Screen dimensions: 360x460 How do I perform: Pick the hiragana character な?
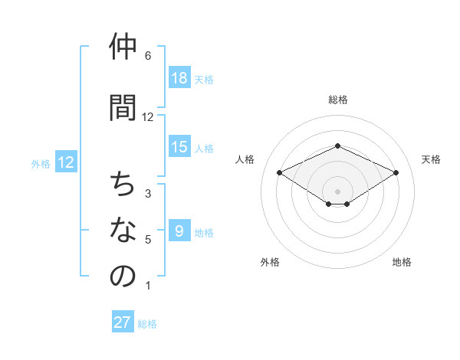click(123, 230)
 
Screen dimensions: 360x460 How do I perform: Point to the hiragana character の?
click(123, 277)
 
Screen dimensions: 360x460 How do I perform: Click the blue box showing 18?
click(179, 78)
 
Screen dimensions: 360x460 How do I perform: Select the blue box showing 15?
click(179, 147)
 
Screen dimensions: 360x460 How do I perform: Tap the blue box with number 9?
click(179, 231)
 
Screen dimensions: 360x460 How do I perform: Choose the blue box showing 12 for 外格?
click(66, 162)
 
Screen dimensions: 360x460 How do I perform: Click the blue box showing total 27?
click(123, 322)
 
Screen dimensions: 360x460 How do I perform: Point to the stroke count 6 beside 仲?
click(148, 56)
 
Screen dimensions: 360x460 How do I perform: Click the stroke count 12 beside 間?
click(148, 116)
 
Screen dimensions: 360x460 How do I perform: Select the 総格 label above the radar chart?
click(337, 100)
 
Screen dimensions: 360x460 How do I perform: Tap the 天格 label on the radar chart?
click(431, 159)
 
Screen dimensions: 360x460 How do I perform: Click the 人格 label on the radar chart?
click(245, 159)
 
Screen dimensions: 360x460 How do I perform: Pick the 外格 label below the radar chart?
click(270, 262)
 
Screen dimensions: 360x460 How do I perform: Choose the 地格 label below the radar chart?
click(402, 262)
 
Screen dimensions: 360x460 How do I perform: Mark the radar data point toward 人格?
click(279, 172)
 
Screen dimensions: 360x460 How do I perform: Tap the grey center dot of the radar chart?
click(337, 190)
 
